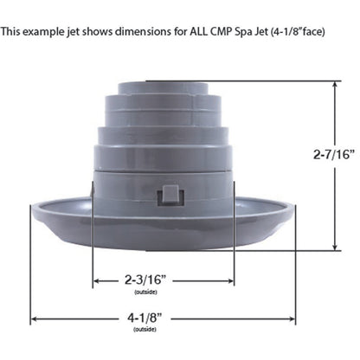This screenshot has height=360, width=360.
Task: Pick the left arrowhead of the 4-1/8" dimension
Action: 34,318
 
